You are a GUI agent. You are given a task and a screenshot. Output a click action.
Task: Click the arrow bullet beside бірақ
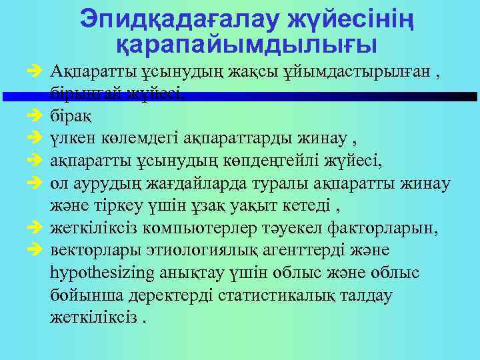(36, 116)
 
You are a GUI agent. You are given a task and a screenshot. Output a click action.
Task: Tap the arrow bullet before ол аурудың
(36, 182)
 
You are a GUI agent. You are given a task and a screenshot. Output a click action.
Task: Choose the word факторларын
(386, 228)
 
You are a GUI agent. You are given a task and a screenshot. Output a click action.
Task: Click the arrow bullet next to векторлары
(36, 250)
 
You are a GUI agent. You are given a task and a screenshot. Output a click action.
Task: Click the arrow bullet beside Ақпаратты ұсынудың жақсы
(36, 72)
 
